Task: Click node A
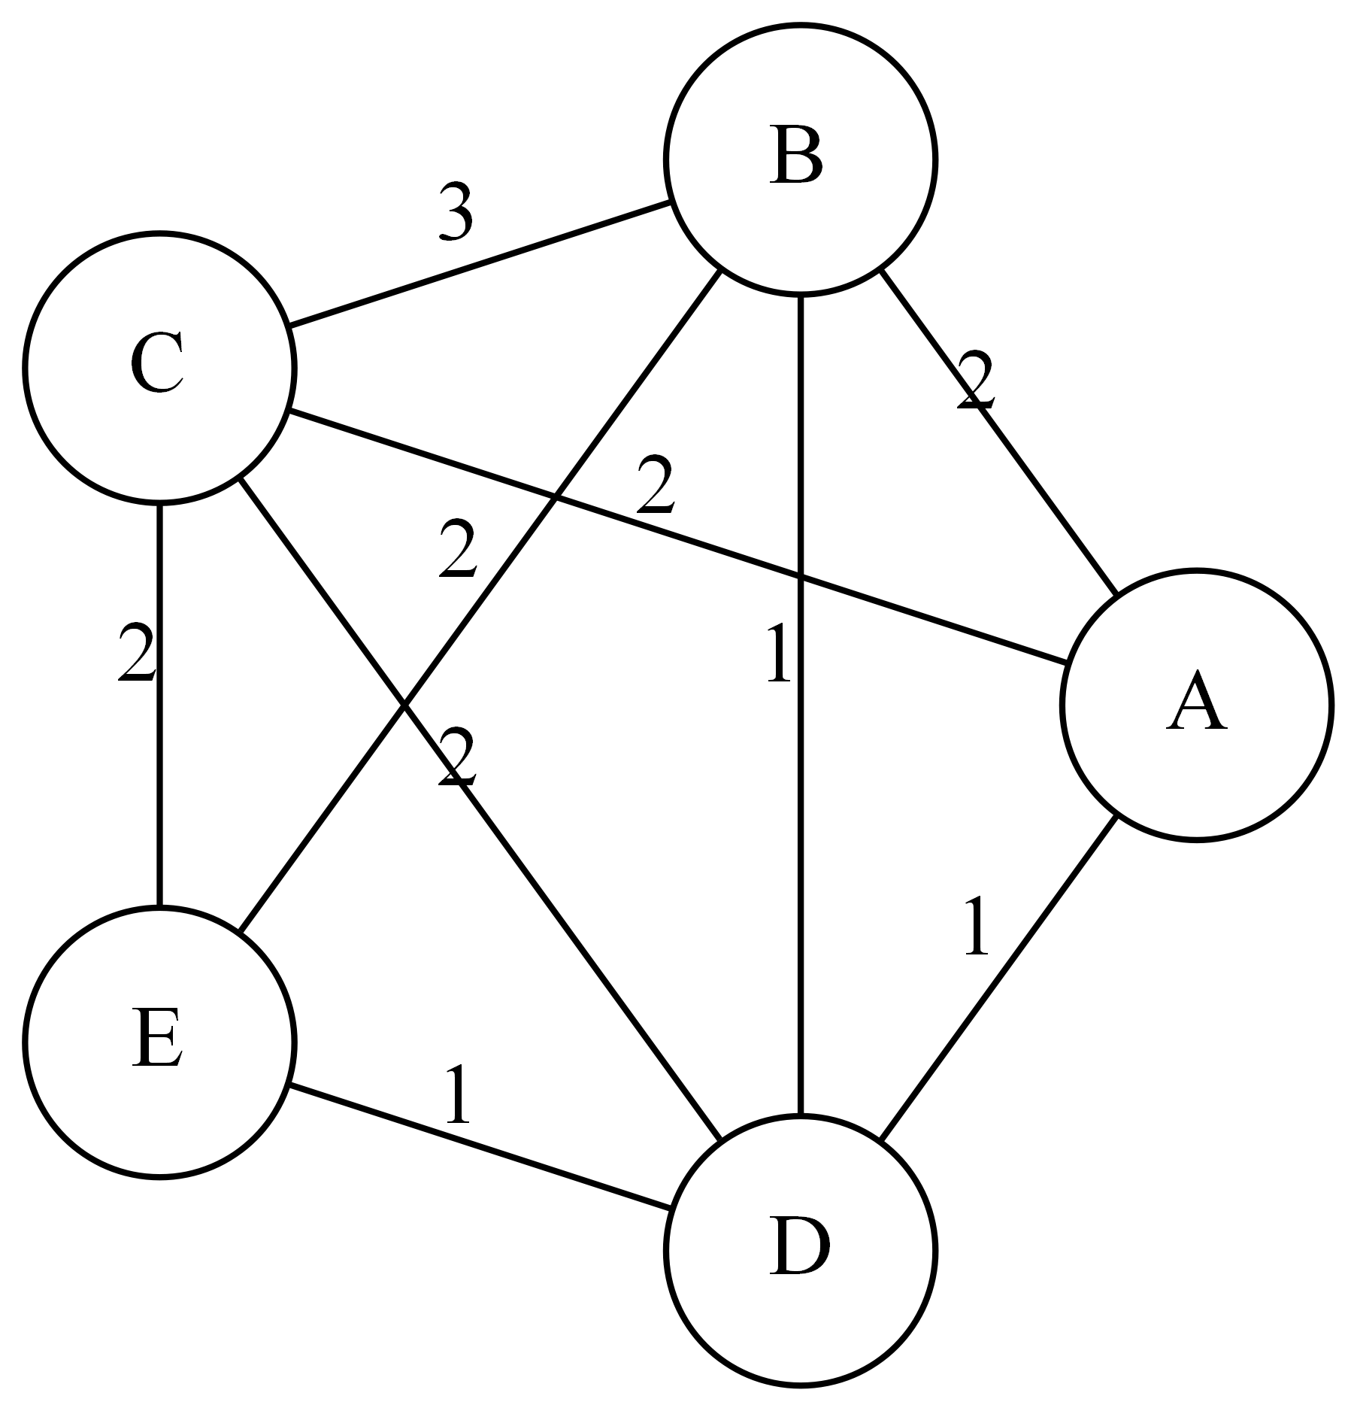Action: [x=1196, y=705]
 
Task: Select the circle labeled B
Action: [x=800, y=159]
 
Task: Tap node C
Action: [x=159, y=368]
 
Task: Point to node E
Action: [x=159, y=1042]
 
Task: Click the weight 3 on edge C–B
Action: [x=456, y=213]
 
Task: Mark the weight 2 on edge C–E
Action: [x=137, y=653]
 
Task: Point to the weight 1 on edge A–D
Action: [x=975, y=926]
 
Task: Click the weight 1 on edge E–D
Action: [x=457, y=1095]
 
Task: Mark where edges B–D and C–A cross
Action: [x=800, y=578]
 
